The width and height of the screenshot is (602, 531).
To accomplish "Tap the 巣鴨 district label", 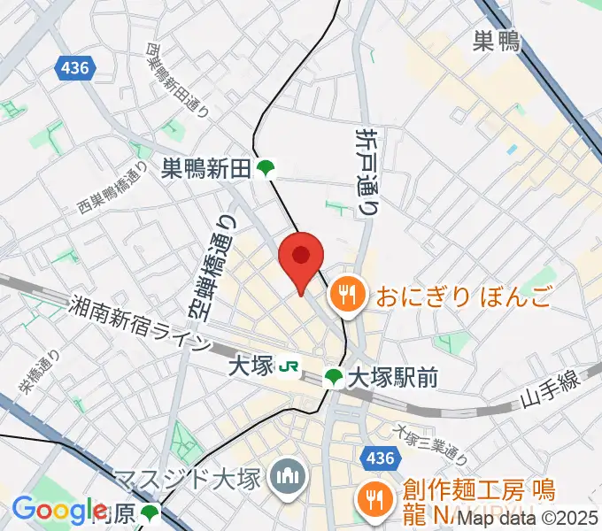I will click(x=497, y=42).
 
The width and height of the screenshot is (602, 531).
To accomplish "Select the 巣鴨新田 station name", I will click(x=206, y=168).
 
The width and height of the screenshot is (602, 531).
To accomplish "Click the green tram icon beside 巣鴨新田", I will click(x=265, y=168).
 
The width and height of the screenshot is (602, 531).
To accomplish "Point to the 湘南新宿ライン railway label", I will click(x=142, y=324).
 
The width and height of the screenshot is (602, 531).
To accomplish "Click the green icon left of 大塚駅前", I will click(x=333, y=379).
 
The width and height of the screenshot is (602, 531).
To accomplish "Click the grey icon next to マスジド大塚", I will click(x=287, y=479).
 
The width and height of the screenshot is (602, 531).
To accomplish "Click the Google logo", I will click(x=59, y=511).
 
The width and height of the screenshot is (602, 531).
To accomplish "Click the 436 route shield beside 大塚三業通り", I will click(x=376, y=457).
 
